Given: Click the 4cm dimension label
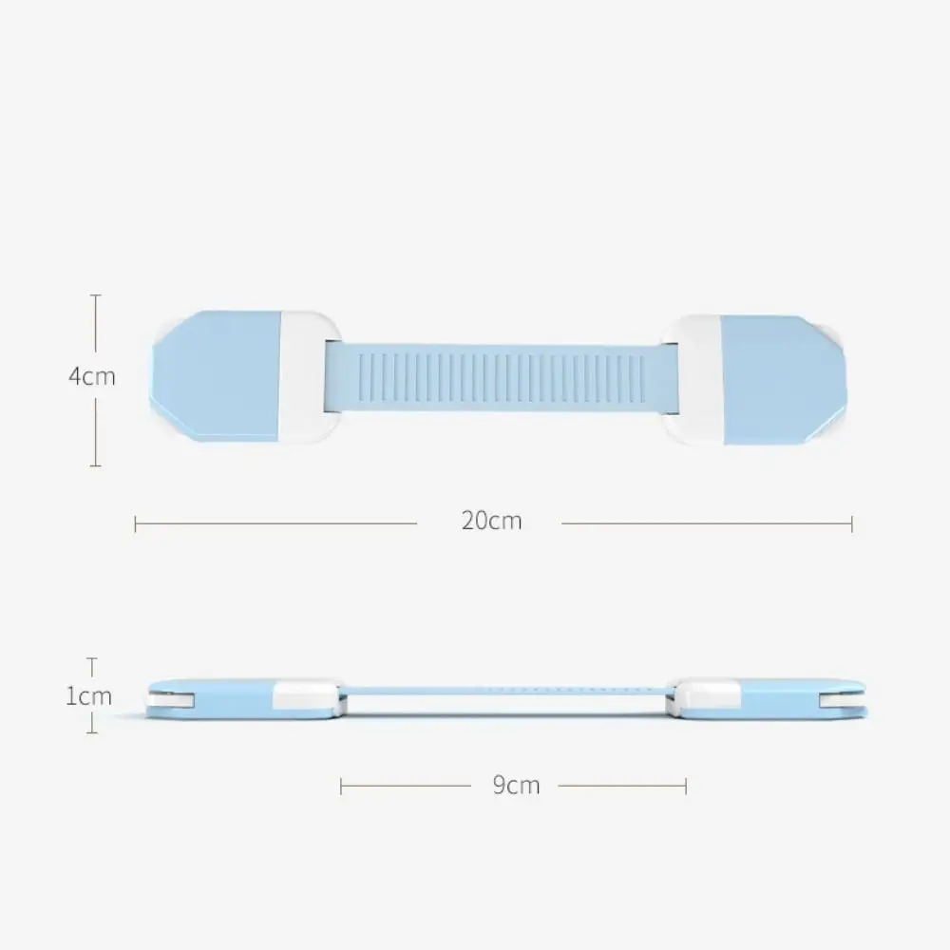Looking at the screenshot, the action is tap(91, 376).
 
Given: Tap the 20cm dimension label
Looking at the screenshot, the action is tap(491, 521).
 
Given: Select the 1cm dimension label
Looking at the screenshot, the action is tap(88, 696).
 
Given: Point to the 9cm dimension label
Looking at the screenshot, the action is tap(516, 786).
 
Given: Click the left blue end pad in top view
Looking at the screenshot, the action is tap(215, 375).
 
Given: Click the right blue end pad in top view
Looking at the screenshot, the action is tap(784, 381).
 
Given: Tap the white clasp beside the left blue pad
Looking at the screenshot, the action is tap(309, 377).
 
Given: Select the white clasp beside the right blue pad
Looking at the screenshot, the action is tap(692, 381).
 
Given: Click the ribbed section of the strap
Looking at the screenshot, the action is tap(502, 378).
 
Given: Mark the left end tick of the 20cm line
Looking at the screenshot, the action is tap(135, 524).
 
